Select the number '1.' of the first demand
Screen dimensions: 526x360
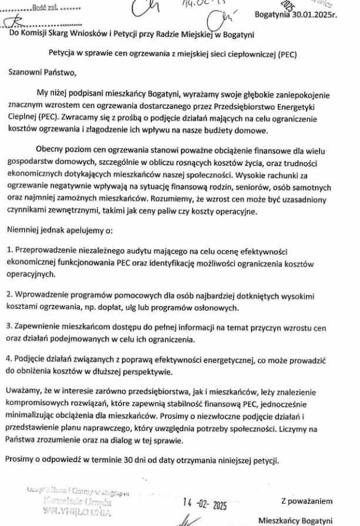(x=10, y=250)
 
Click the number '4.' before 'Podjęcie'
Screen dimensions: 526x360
(x=10, y=359)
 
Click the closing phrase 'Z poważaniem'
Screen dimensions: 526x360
(x=307, y=501)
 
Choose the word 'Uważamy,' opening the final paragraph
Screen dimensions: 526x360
(x=25, y=390)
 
